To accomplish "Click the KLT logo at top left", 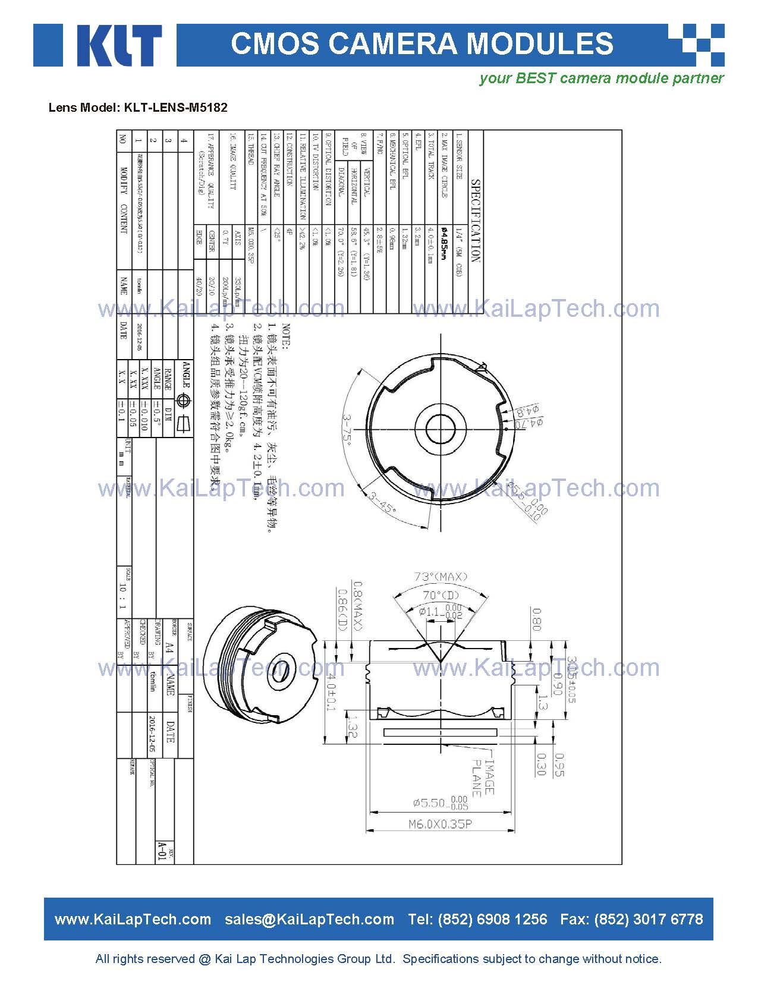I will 98,45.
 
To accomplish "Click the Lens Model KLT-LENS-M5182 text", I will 137,108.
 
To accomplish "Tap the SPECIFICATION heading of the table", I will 475,221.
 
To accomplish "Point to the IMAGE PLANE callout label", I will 482,776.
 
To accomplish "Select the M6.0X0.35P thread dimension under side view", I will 441,824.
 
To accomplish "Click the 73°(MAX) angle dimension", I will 441,577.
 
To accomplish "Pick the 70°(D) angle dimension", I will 441,595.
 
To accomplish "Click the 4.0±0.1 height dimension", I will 331,692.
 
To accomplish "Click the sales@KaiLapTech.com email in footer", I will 309,919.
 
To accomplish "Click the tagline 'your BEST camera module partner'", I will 602,78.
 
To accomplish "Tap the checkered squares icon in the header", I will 696,45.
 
